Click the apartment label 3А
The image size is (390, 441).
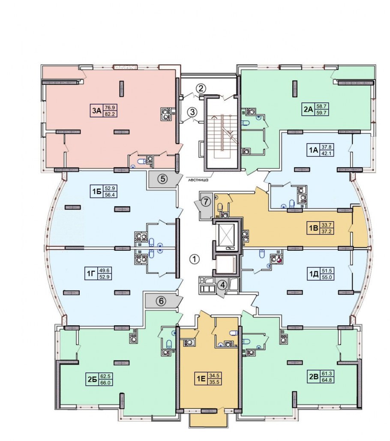point(96,111)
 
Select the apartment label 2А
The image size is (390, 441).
point(308,109)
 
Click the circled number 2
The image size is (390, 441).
point(201,89)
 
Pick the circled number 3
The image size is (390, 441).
point(192,112)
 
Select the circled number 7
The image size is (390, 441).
point(207,201)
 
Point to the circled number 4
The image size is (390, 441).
point(223,285)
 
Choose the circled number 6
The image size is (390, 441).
point(161,301)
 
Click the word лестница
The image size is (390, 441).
point(198,180)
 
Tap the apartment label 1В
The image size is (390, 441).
point(313,228)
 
